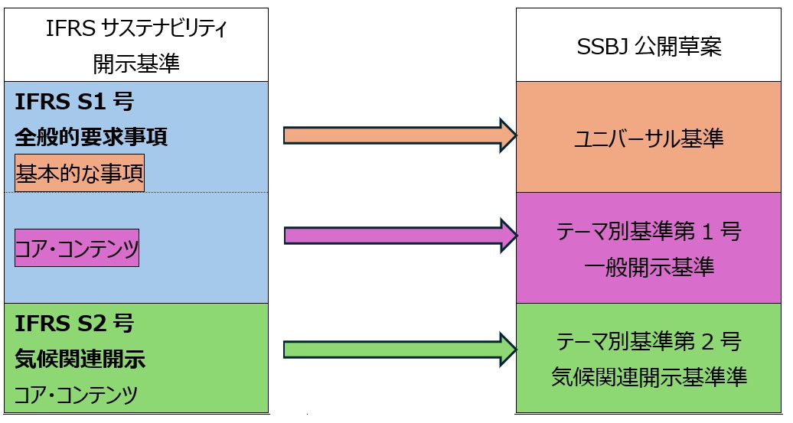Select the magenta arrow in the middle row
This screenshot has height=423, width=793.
pyautogui.click(x=390, y=236)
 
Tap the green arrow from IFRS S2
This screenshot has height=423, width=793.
pyautogui.click(x=390, y=350)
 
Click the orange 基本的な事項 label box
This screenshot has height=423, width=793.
pyautogui.click(x=80, y=174)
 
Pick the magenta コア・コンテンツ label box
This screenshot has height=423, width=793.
pyautogui.click(x=77, y=248)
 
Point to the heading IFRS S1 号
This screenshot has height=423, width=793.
pyautogui.click(x=74, y=102)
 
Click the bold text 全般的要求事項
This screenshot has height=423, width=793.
pyautogui.click(x=91, y=138)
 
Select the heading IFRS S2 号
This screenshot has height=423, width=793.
pyautogui.click(x=74, y=323)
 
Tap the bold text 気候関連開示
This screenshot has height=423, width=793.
pyautogui.click(x=80, y=359)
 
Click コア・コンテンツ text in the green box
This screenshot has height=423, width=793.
pyautogui.click(x=77, y=395)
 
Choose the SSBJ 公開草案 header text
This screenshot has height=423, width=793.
pyautogui.click(x=649, y=47)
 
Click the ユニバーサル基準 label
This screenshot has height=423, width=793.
pyautogui.click(x=649, y=138)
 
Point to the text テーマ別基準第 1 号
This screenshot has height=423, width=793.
pyautogui.click(x=649, y=232)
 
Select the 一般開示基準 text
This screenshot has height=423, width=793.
pyautogui.click(x=649, y=267)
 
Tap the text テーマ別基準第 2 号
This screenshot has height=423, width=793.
pyautogui.click(x=649, y=342)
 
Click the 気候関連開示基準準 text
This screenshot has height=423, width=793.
pyautogui.click(x=649, y=377)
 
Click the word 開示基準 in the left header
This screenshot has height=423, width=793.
pyautogui.click(x=137, y=63)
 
